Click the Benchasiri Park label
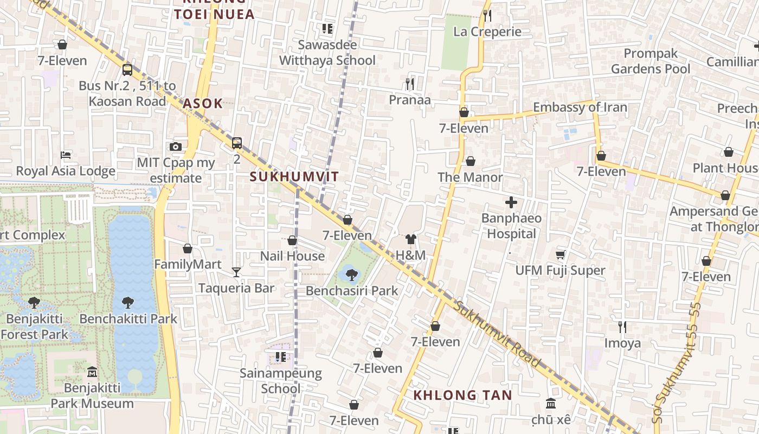352,291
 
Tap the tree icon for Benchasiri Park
351,275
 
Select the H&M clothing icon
410,239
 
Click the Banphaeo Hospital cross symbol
511,203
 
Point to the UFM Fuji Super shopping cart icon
560,254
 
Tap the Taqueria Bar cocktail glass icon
236,272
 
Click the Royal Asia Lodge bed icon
66,155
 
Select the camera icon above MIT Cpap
175,146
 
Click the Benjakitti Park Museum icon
92,372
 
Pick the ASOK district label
203,104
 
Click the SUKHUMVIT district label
294,176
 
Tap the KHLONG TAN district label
462,395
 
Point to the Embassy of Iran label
580,107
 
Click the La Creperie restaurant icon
487,15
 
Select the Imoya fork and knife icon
622,327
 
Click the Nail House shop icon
292,240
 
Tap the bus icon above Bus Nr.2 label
127,69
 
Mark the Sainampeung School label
281,381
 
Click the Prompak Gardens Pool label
651,61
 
